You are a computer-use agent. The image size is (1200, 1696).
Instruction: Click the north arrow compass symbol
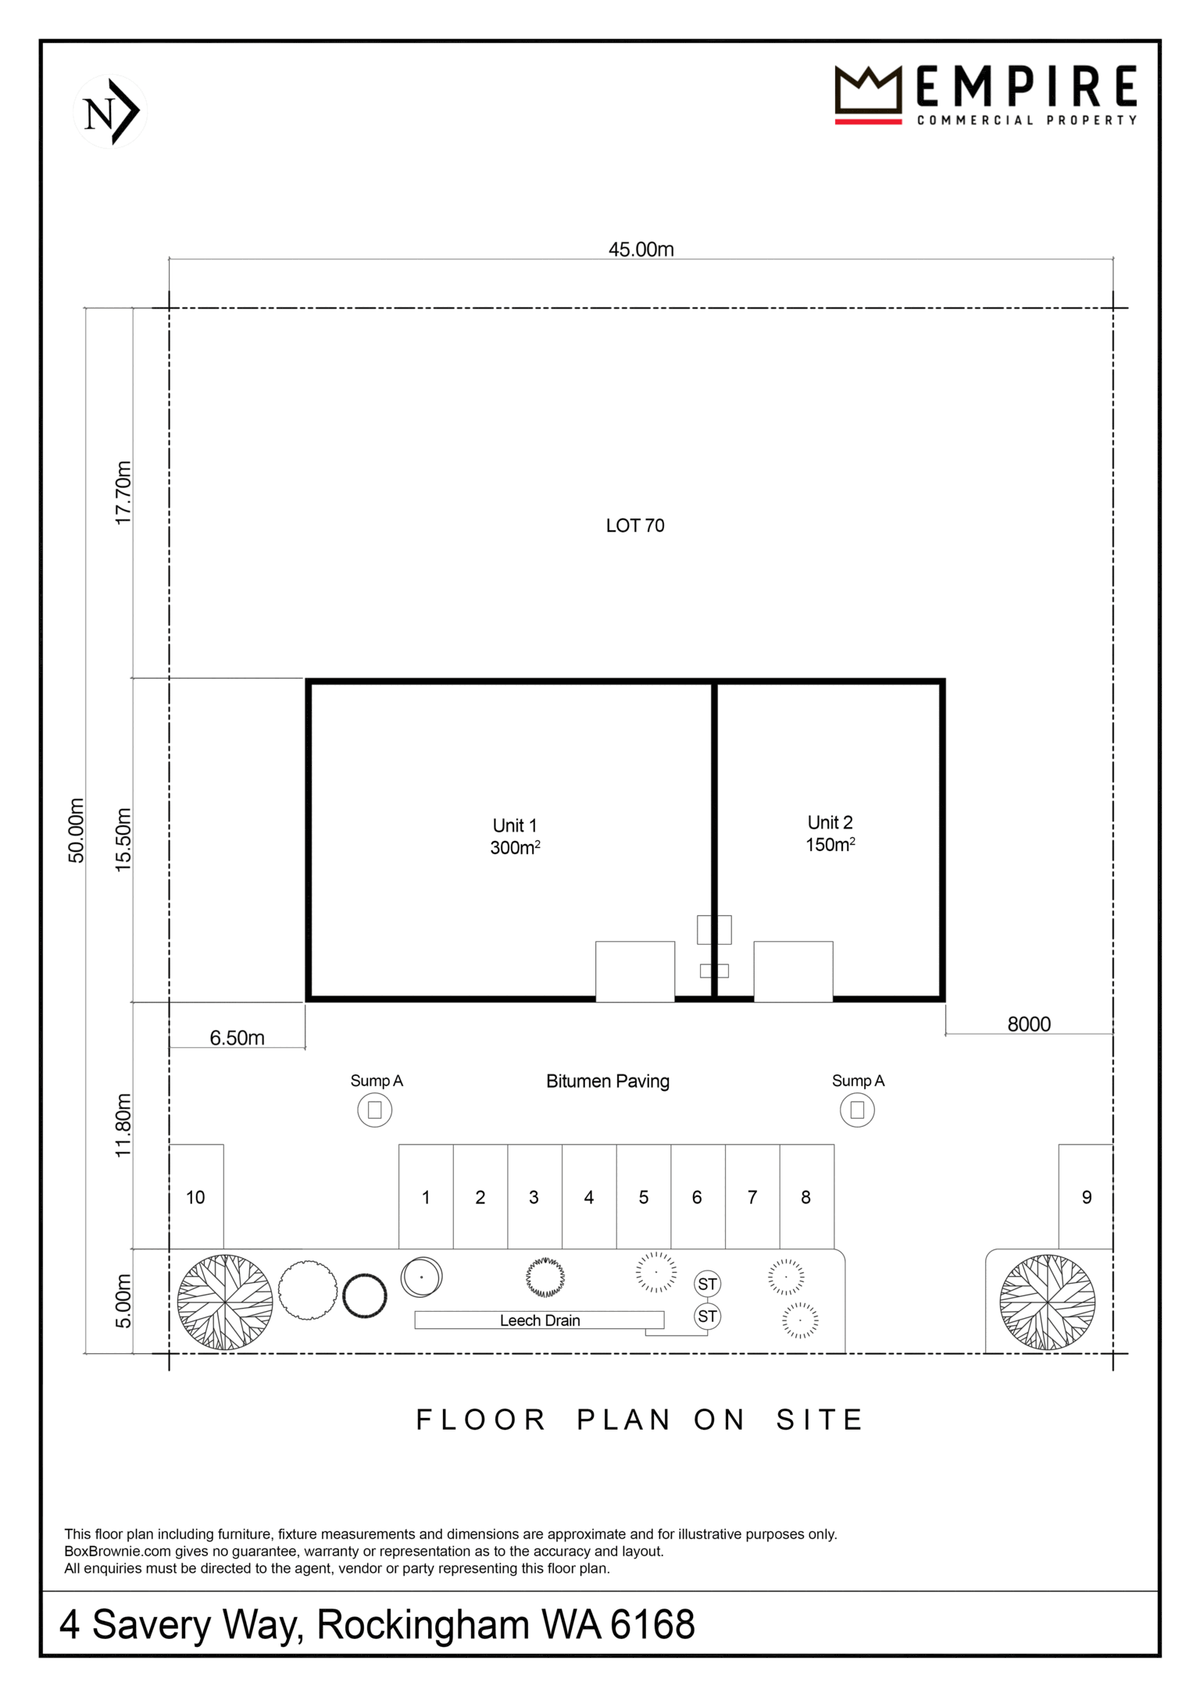110,111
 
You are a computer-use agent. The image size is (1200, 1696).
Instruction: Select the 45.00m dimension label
641,249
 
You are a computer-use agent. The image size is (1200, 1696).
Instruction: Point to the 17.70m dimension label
123,493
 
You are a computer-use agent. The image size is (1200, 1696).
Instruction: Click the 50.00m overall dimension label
76,830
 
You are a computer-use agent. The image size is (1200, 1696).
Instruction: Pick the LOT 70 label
635,526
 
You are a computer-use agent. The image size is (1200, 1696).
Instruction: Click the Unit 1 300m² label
515,836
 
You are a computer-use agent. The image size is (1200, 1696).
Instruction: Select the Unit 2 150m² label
830,833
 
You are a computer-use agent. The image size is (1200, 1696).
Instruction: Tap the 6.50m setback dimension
237,1038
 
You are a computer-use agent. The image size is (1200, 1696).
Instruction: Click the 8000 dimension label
1029,1024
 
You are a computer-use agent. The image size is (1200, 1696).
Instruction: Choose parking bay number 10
196,1197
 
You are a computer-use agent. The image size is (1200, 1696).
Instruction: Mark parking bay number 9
1086,1197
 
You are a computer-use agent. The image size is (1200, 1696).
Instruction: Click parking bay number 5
644,1197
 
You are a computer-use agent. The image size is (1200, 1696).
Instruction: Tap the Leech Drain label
540,1320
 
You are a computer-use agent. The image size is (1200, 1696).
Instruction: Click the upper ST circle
707,1284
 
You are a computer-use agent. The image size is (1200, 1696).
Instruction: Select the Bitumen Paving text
608,1081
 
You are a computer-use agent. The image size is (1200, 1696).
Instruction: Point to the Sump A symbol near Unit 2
857,1110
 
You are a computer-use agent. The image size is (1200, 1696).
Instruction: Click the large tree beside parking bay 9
1047,1302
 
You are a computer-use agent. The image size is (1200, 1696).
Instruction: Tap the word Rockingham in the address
423,1624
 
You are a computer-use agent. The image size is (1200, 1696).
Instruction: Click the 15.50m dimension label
123,839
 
